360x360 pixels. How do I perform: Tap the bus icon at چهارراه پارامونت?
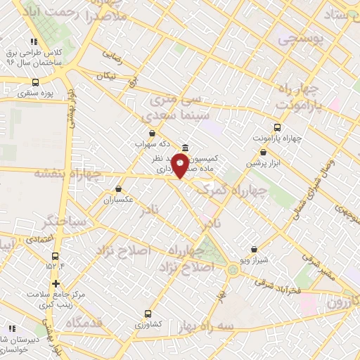pyautogui.click(x=277, y=128)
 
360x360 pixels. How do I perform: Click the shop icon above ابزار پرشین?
pyautogui.click(x=263, y=152)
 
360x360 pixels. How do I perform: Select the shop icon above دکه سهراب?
pyautogui.click(x=152, y=132)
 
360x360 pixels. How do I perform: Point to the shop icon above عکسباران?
pyautogui.click(x=118, y=188)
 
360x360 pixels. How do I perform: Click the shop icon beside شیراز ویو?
pyautogui.click(x=253, y=249)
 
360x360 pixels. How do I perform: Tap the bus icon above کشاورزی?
pyautogui.click(x=148, y=314)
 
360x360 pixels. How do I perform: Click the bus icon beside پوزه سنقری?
pyautogui.click(x=35, y=82)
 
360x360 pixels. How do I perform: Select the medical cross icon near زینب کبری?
pyautogui.click(x=56, y=283)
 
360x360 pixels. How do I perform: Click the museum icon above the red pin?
pyautogui.click(x=184, y=148)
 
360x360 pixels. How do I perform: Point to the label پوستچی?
pyautogui.click(x=303, y=39)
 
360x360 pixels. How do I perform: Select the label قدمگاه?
pyautogui.click(x=84, y=323)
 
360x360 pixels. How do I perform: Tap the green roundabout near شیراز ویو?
pyautogui.click(x=232, y=269)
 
